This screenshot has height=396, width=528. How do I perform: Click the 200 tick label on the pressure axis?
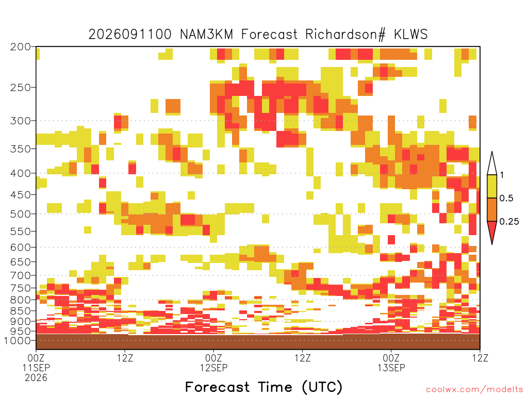21,47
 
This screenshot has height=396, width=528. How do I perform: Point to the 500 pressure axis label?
21,214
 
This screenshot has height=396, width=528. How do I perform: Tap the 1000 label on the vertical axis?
18,340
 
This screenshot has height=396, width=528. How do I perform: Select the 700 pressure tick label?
21,275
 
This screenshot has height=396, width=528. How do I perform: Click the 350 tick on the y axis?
21,148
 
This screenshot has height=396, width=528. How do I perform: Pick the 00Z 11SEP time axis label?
36,362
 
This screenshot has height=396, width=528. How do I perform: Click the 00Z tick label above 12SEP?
213,358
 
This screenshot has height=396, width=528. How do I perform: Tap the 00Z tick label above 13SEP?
391,358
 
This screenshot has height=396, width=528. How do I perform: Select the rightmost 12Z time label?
480,358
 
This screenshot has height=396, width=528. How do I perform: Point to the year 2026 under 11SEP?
36,378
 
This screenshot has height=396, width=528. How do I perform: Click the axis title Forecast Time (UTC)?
263,387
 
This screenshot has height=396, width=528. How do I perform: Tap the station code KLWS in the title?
410,35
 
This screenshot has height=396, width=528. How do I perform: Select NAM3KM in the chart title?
207,35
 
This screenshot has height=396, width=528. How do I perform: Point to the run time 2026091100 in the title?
130,35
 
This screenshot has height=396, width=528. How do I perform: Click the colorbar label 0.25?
509,222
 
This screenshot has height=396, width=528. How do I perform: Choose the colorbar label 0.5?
506,198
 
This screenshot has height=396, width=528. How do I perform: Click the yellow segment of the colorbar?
492,186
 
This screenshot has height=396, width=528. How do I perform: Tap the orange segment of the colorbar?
492,209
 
